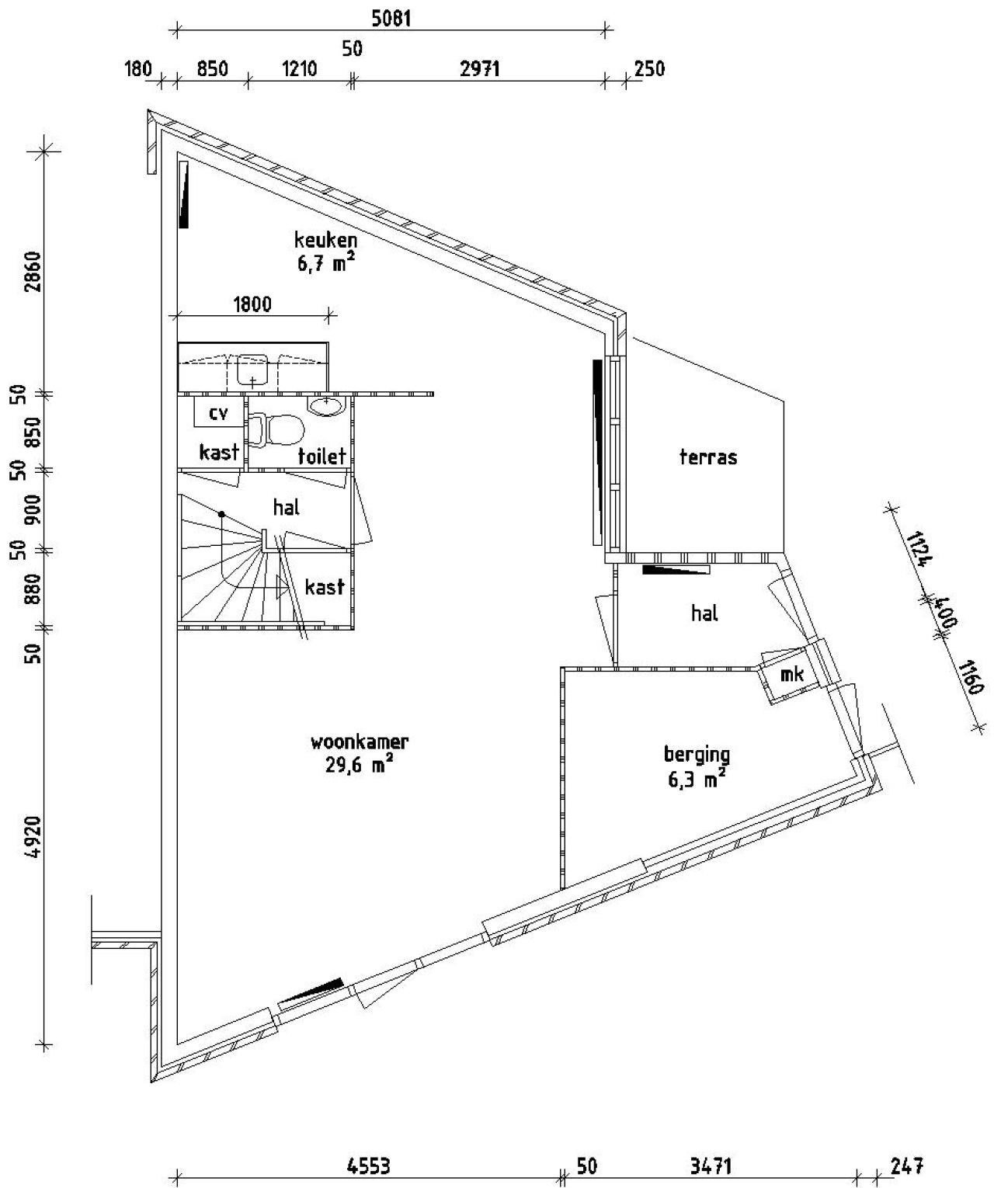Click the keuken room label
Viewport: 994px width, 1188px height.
pos(325,238)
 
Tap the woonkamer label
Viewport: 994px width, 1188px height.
pos(360,742)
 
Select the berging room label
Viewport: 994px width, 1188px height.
pos(697,754)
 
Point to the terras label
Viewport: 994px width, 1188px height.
pos(707,457)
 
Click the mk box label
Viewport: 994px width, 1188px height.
pos(791,675)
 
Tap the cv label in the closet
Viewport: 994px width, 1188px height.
pos(218,413)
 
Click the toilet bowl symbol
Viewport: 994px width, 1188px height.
pos(277,430)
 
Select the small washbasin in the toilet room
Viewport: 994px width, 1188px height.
pos(327,405)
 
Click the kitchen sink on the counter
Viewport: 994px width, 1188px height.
pos(252,369)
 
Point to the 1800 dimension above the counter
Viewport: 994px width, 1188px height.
pos(252,304)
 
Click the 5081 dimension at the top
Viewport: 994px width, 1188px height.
pos(391,18)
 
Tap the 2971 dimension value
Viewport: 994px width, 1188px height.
pos(479,69)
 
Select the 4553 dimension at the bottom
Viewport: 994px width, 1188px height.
pos(368,1166)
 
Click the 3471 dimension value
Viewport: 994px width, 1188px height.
pos(711,1166)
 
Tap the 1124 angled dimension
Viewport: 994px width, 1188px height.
pos(919,551)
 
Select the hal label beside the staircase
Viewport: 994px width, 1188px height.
pos(286,507)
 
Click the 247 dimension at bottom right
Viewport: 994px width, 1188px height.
pos(906,1166)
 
